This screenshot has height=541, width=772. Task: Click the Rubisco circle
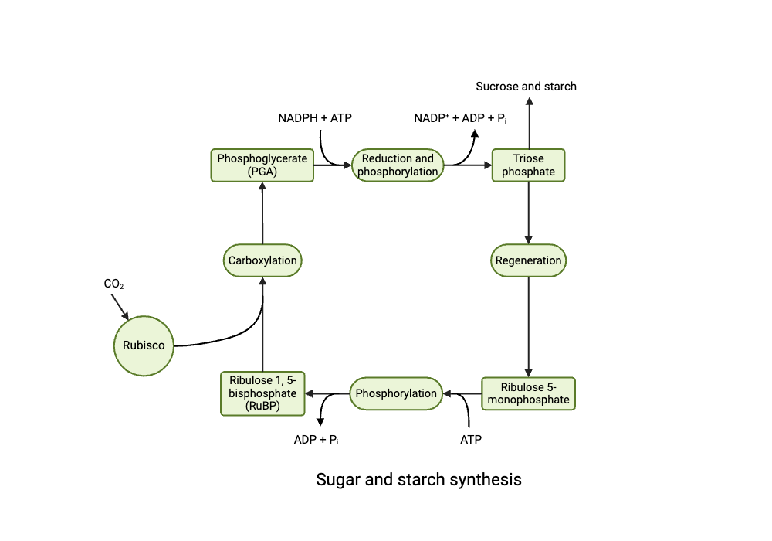tap(144, 345)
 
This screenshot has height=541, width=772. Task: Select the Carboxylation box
tap(262, 260)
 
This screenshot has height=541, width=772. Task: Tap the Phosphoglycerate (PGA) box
tap(262, 165)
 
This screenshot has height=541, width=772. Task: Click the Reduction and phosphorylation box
tap(398, 165)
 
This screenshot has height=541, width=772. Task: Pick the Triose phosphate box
tap(529, 165)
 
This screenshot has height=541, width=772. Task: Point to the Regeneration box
tap(529, 260)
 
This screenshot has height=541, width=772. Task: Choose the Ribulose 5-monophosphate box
tap(529, 393)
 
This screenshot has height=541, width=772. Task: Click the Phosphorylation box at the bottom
tap(396, 393)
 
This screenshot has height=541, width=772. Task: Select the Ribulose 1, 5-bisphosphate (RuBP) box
tap(262, 393)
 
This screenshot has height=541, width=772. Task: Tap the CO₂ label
tap(114, 284)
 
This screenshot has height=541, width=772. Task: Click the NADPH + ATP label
tap(315, 118)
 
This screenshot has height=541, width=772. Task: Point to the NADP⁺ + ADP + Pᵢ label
tap(460, 118)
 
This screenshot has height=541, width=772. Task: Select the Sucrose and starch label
tap(526, 87)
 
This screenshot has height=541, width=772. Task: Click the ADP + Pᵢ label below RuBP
tap(316, 440)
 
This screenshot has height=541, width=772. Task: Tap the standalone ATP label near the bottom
tap(471, 440)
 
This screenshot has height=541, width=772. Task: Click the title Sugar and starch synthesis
tap(419, 480)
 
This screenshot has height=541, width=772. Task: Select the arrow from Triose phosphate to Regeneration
tap(529, 213)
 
